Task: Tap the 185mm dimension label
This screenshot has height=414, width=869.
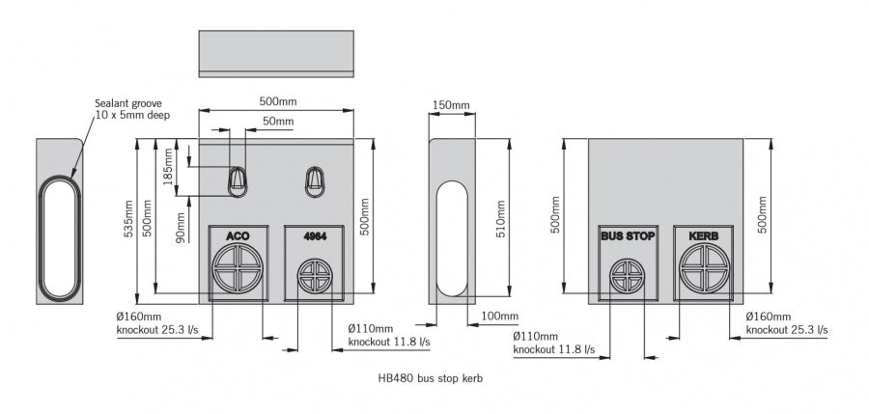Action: pyautogui.click(x=168, y=166)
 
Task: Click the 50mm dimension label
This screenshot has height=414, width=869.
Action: pyautogui.click(x=278, y=122)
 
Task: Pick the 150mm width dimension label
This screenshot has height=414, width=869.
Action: pyautogui.click(x=451, y=105)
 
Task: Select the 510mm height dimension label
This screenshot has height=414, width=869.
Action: pyautogui.click(x=500, y=219)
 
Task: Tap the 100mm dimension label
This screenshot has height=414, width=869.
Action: pyautogui.click(x=500, y=317)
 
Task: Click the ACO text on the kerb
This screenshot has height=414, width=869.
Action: pyautogui.click(x=238, y=236)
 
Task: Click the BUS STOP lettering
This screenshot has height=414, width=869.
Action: pyautogui.click(x=628, y=236)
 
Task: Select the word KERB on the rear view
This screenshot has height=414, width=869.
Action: pyautogui.click(x=704, y=236)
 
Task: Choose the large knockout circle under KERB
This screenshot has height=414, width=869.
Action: pyautogui.click(x=704, y=267)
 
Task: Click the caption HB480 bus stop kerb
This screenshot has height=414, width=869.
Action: pyautogui.click(x=430, y=378)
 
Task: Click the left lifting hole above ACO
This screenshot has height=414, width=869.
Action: pyautogui.click(x=238, y=179)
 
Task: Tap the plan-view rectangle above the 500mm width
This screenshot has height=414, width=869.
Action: pyautogui.click(x=276, y=53)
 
